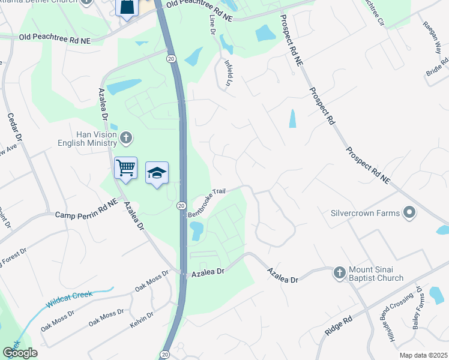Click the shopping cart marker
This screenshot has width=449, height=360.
click(x=125, y=168)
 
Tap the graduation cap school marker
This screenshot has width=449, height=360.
click(x=157, y=173)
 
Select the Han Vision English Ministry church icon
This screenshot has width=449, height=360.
click(x=126, y=139)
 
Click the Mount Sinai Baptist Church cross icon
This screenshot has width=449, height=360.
click(x=339, y=273)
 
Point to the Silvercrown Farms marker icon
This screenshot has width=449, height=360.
click(x=409, y=212)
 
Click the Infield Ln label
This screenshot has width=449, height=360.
click(x=228, y=73)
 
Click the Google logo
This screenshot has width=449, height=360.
click(x=20, y=353)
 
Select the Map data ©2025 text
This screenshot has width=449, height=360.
click(x=423, y=355)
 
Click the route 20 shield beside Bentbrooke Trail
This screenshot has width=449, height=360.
click(x=181, y=206)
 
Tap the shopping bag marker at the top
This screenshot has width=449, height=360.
click(x=127, y=8)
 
